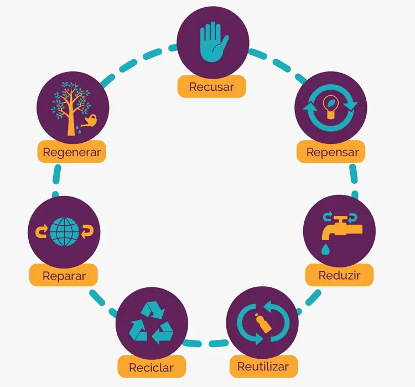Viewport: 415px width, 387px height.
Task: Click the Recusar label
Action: (x=212, y=86)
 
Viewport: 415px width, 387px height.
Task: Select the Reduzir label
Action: (x=339, y=275)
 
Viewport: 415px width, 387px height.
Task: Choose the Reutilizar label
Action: (x=263, y=367)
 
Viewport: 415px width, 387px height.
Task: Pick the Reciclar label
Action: (x=152, y=367)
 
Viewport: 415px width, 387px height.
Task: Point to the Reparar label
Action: (x=64, y=276)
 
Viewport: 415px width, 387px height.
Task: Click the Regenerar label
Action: (x=72, y=152)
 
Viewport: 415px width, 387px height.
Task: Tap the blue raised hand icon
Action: (x=214, y=42)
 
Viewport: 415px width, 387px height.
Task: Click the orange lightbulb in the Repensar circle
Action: (x=330, y=106)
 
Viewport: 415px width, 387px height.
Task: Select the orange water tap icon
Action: (x=342, y=228)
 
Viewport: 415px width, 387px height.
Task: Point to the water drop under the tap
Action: (x=325, y=250)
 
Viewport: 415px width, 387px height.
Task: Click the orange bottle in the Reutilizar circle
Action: (x=263, y=323)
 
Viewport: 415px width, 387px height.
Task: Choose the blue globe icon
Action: (x=65, y=231)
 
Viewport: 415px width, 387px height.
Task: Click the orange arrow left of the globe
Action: (x=41, y=231)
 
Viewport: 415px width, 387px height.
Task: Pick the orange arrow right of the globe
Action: (x=87, y=231)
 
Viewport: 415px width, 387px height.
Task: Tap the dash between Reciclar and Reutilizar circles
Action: (x=219, y=344)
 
